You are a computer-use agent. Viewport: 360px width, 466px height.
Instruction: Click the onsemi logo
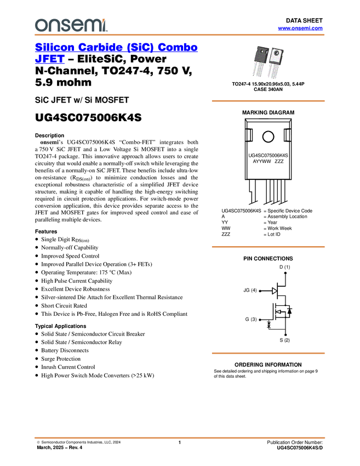click(x=70, y=25)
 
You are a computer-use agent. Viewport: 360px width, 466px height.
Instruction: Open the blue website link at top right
click(x=300, y=28)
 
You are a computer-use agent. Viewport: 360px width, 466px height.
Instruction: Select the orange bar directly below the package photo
click(x=268, y=101)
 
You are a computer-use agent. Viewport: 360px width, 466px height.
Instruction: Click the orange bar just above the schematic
click(x=268, y=247)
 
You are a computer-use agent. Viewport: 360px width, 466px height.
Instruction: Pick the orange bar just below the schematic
click(x=268, y=353)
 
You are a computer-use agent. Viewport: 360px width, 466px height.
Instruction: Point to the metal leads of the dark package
click(x=259, y=72)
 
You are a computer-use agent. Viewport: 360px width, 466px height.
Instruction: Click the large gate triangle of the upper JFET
click(x=275, y=291)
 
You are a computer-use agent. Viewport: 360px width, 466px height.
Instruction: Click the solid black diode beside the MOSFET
click(x=289, y=311)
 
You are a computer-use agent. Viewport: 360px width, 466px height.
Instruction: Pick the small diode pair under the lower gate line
click(x=268, y=325)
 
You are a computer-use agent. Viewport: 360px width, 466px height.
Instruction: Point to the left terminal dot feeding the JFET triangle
click(x=259, y=291)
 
